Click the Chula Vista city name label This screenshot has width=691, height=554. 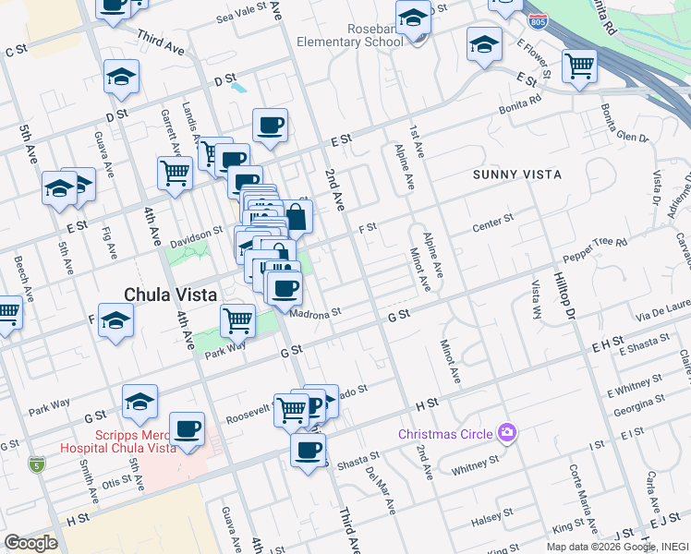point(171,295)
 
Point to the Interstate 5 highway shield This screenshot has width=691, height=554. point(37,464)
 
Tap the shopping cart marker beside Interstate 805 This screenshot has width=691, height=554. point(579,66)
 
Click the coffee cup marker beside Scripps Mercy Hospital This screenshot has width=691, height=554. point(188,429)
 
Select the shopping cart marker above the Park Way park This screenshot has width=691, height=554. point(238,321)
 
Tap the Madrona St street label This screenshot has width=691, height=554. point(316,313)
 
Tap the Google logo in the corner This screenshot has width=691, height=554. point(30,542)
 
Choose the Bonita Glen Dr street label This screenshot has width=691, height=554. point(625,125)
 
